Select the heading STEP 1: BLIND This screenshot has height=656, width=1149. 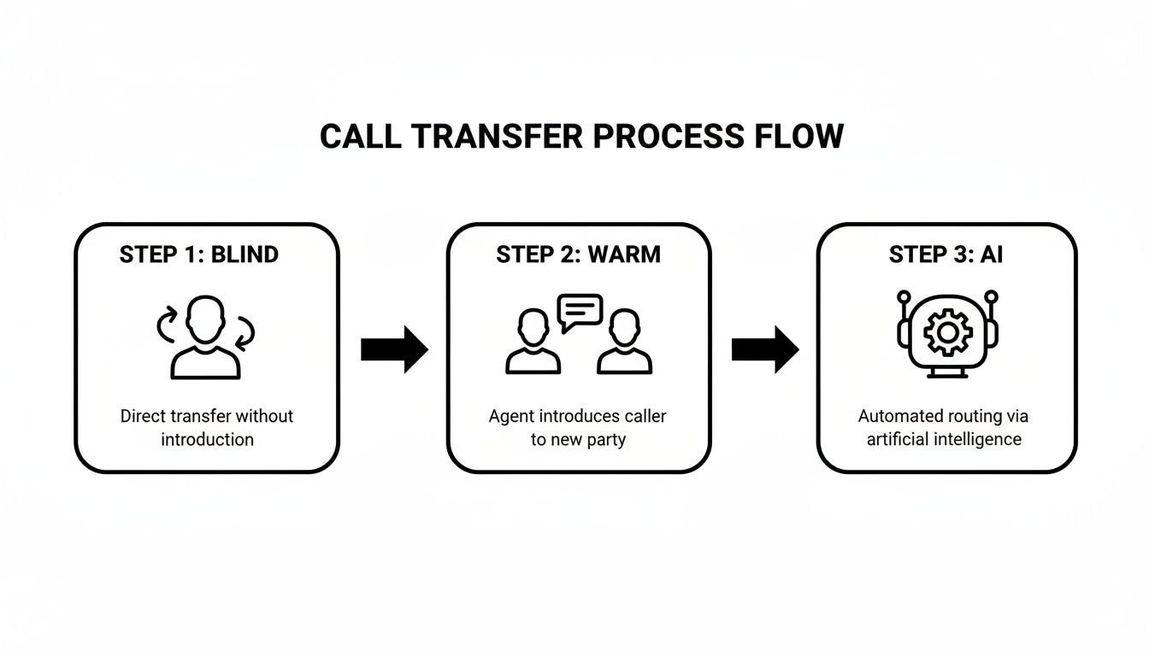click(198, 255)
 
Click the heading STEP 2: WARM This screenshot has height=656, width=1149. click(578, 255)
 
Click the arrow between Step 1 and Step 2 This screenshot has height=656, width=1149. click(394, 348)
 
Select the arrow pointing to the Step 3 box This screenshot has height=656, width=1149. click(765, 348)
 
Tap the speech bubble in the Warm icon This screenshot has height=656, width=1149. click(580, 312)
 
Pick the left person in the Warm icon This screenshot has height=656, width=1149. click(533, 342)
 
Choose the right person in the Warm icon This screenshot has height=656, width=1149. click(624, 342)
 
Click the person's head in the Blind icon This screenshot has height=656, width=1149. click(206, 319)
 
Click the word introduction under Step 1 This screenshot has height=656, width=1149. click(207, 440)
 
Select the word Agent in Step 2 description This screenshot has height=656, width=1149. click(510, 417)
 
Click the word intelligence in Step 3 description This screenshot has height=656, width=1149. click(976, 440)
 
